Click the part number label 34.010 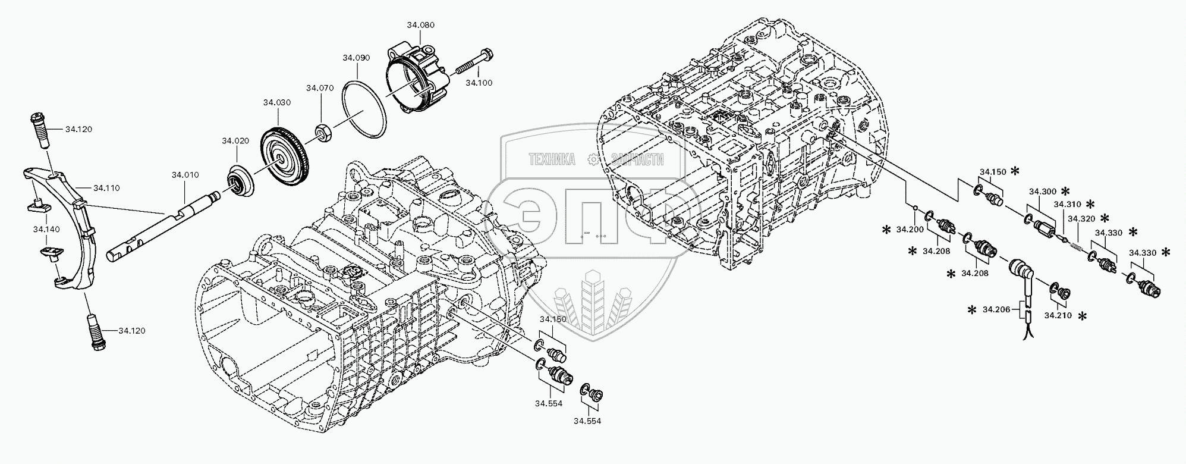point(185,175)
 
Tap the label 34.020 point(235,141)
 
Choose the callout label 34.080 point(420,25)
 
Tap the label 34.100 point(479,83)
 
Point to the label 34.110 point(106,188)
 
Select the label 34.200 point(910,230)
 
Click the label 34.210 point(1058,315)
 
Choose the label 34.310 point(1067,204)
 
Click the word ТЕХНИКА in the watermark point(552,159)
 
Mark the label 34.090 point(356,58)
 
